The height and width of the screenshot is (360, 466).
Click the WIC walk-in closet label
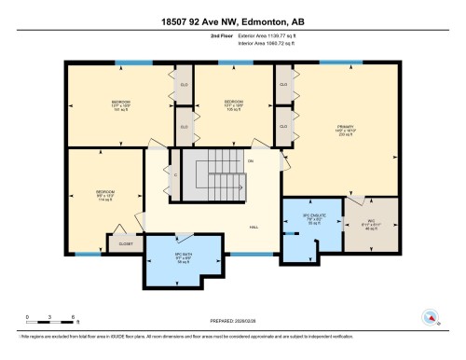coord(370,224)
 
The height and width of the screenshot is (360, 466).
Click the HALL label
coord(253,228)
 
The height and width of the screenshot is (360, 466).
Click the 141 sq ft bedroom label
coord(121,104)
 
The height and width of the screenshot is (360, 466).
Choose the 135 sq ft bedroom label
coord(232,104)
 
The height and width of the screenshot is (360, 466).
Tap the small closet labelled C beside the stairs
coord(175,173)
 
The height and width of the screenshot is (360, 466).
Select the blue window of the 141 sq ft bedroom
coord(127,63)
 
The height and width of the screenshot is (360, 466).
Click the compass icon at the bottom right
coord(430,317)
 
